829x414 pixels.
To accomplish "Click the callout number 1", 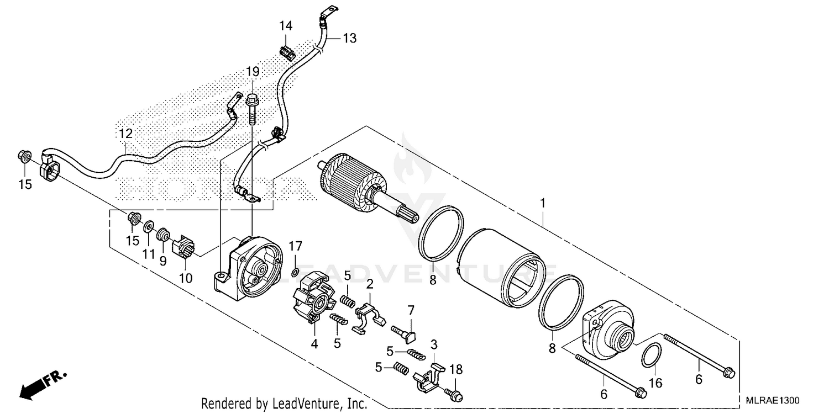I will tap(543, 203).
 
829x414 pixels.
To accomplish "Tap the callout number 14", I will tap(286, 26).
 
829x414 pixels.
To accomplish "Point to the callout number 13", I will tap(349, 38).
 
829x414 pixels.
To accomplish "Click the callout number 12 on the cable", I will tap(125, 134).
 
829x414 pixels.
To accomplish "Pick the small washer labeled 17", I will tap(296, 272).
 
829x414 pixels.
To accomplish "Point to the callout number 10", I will tap(186, 278).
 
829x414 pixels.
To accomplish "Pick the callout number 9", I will tap(163, 261).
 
